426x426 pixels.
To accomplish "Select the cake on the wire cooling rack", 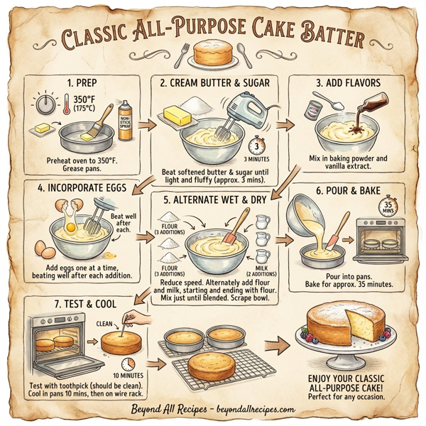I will tap(217, 364).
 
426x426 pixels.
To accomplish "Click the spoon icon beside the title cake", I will tap(242, 53).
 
